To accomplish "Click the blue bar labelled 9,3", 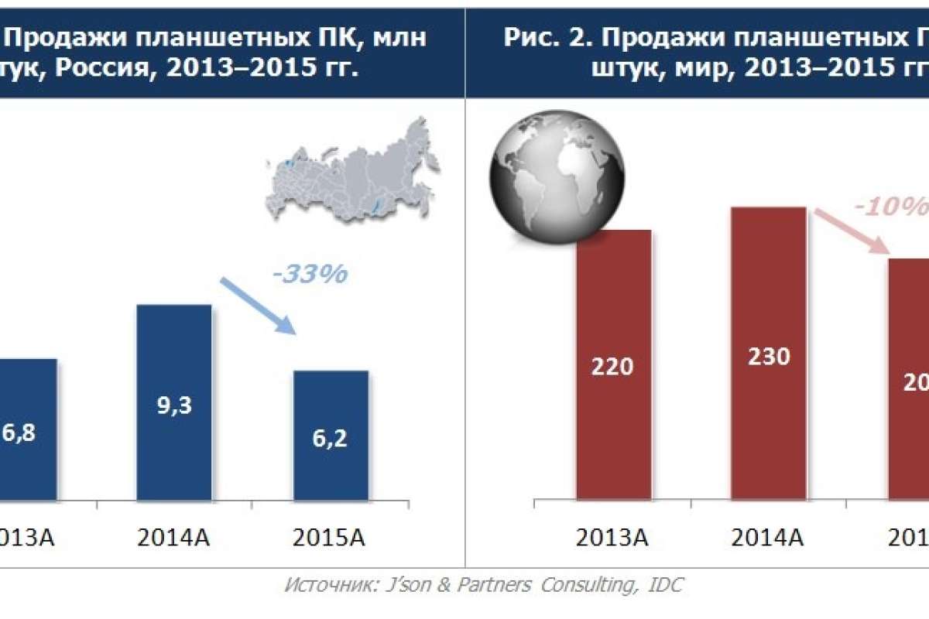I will point(173,402).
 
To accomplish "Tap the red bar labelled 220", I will point(613,365).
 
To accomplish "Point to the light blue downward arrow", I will point(257,306).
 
